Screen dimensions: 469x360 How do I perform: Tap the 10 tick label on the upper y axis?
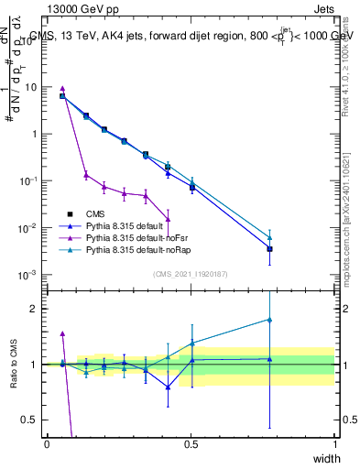coord(31,87)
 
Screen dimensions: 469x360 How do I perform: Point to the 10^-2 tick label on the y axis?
coord(28,227)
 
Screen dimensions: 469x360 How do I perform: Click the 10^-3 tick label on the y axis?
coord(28,275)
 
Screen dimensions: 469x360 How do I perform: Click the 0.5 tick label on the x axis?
coord(191,444)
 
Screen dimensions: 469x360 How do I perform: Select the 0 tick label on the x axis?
coord(48,444)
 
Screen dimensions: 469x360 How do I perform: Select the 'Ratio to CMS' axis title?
coord(13,365)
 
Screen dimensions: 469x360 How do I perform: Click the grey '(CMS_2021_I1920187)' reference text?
coord(191,274)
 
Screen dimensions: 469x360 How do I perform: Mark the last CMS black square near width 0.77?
coord(269,248)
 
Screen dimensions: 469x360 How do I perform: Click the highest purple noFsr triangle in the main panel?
coord(62,89)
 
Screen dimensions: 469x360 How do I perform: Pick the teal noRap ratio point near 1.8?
coord(269,320)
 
